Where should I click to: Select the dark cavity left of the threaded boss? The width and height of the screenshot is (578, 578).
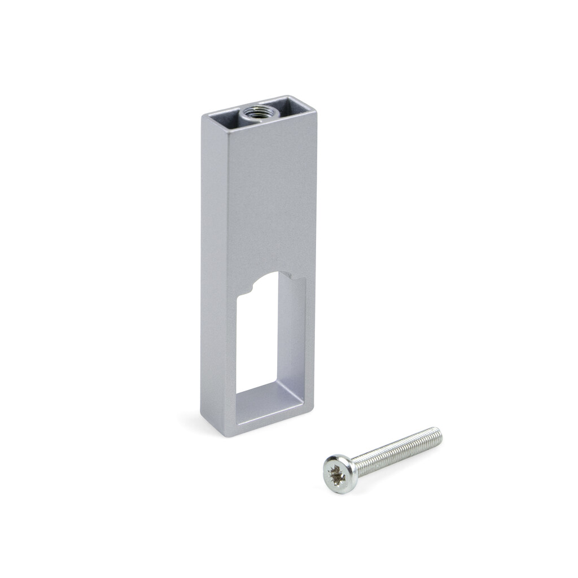pos(225,115)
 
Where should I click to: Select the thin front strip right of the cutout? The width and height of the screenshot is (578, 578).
pos(310,339)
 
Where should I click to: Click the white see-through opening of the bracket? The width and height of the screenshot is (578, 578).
pos(257,339)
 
